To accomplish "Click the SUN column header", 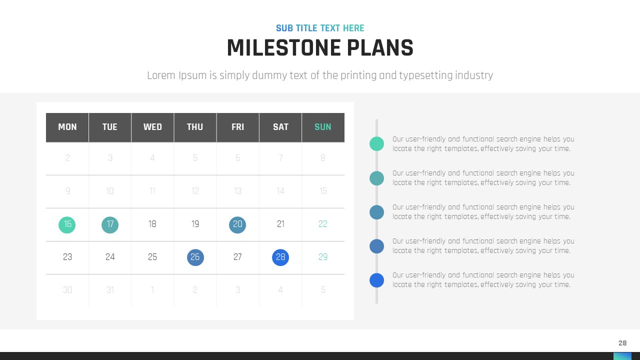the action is click(x=323, y=127).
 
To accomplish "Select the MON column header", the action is click(x=67, y=127).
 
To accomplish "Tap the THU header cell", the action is click(x=195, y=127).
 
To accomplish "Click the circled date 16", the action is click(x=67, y=225).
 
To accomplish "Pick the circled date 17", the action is click(x=110, y=225).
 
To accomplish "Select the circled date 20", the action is click(x=237, y=225).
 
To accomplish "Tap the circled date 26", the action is click(x=195, y=257).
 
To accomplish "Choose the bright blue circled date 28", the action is click(x=280, y=257).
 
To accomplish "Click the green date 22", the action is click(x=323, y=224).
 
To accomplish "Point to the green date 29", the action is click(x=323, y=257).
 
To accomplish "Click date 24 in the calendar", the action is click(x=110, y=257).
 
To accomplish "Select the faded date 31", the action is click(x=110, y=290).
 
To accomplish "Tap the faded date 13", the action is click(x=237, y=191).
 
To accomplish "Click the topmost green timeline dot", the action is click(x=376, y=143).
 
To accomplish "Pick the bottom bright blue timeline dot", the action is click(x=376, y=280).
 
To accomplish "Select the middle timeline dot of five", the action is click(x=376, y=212).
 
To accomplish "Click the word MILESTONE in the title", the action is click(x=283, y=47).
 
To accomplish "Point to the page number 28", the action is click(x=622, y=343).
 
